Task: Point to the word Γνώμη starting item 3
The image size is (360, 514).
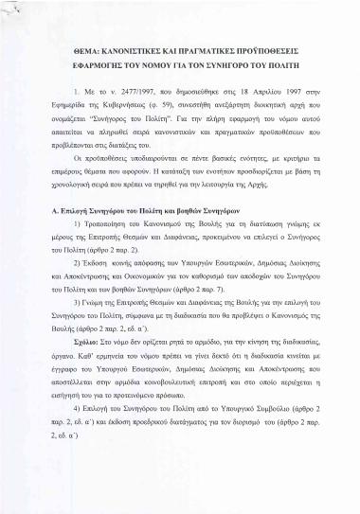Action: click(94, 334)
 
